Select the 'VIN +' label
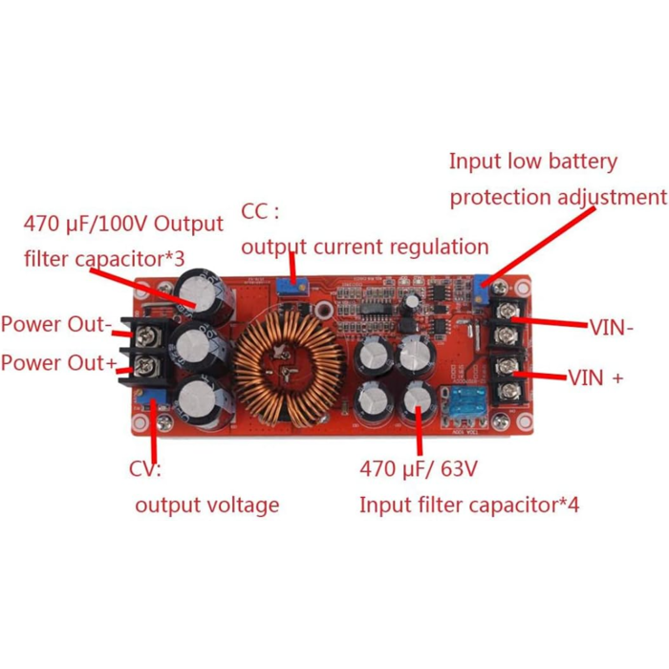click(x=595, y=378)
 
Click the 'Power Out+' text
click(x=58, y=363)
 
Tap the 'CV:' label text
click(x=145, y=469)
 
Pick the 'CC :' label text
click(x=261, y=211)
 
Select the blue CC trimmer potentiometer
click(x=289, y=285)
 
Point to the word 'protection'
click(x=495, y=198)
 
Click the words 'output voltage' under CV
click(x=206, y=505)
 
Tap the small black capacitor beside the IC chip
click(x=410, y=302)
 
